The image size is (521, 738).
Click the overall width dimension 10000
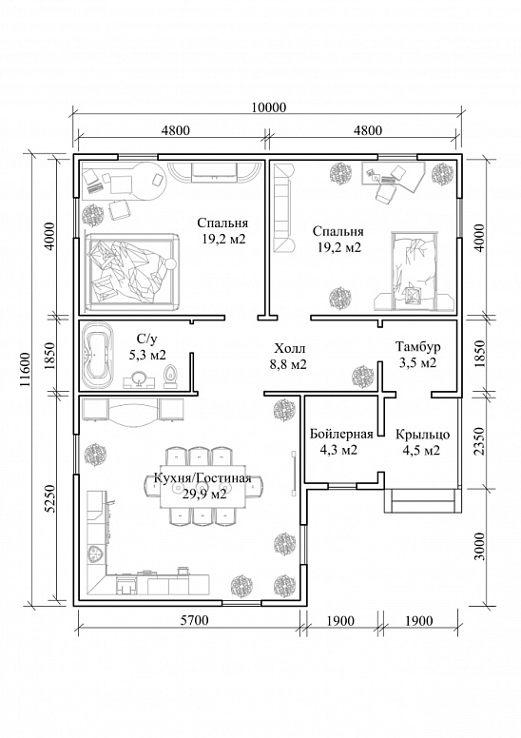[x=268, y=107]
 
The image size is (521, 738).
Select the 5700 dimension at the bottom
[x=194, y=620]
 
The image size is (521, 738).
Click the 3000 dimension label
[x=478, y=547]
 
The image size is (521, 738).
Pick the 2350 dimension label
[x=478, y=441]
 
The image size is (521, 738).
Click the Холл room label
[x=290, y=349]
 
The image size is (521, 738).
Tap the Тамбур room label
[x=418, y=347]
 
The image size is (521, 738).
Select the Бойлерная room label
[x=341, y=434]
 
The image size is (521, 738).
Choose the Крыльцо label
[x=422, y=434]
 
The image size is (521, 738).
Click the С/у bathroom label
[x=146, y=339]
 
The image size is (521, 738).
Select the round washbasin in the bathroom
[x=139, y=379]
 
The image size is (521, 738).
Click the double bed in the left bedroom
[x=132, y=272]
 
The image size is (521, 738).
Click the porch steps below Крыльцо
[x=422, y=501]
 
